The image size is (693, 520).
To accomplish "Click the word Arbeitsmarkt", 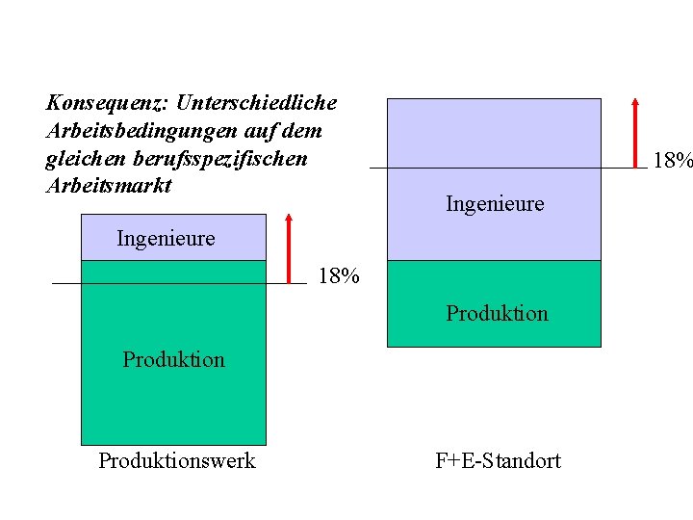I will click(x=108, y=185).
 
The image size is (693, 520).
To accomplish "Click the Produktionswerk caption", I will click(x=177, y=461).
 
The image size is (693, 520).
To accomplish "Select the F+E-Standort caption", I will click(x=498, y=461).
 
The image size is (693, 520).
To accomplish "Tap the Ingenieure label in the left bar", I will click(x=166, y=238).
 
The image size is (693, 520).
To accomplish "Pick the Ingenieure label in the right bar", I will click(x=495, y=204).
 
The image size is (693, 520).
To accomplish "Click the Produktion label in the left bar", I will click(x=173, y=360).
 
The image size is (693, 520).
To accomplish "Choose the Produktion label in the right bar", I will click(x=497, y=314).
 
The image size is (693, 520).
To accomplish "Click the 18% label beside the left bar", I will click(x=338, y=277).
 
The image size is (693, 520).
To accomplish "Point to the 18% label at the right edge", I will click(x=672, y=161).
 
